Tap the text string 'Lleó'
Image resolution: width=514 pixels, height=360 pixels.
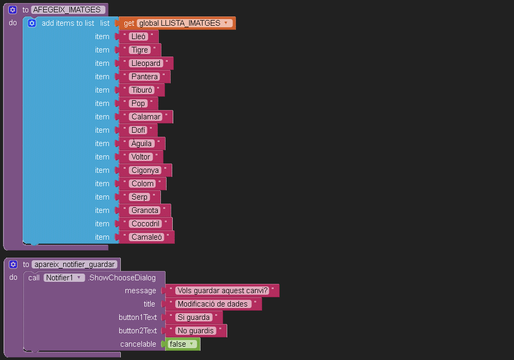coord(138,37)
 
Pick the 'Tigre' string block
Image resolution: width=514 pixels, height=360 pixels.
coord(140,50)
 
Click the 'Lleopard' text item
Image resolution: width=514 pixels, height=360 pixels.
coord(146,63)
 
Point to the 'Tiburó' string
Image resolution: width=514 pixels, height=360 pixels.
coord(142,90)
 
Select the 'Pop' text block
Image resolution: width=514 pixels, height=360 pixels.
coord(138,103)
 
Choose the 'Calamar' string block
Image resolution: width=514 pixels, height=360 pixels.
coord(146,117)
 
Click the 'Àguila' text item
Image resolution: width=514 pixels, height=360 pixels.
coord(142,143)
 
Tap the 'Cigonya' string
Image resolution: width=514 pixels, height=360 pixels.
coord(145,170)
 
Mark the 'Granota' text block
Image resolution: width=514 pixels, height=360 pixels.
coord(145,210)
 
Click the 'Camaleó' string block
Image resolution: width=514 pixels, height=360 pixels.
coord(146,237)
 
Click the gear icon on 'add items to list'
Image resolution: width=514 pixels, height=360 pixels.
coord(32,23)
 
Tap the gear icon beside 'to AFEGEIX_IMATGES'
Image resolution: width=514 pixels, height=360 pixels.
coord(12,10)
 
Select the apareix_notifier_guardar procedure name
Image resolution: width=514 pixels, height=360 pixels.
coord(75,264)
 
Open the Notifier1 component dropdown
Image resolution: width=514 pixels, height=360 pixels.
coord(64,278)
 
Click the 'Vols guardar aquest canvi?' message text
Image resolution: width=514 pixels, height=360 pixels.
coord(223,291)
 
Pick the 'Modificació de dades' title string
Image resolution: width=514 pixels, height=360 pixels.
coord(213,304)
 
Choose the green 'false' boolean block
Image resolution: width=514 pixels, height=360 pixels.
coord(182,344)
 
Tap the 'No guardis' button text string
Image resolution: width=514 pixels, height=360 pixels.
coord(196,331)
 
